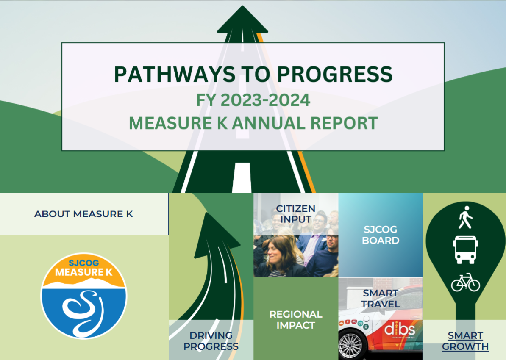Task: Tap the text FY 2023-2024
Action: click(x=253, y=100)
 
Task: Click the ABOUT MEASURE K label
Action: click(x=83, y=214)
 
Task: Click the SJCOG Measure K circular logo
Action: click(x=83, y=296)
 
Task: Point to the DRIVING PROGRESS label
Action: click(x=211, y=341)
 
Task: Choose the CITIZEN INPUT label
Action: click(x=296, y=214)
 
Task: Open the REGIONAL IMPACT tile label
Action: click(x=296, y=320)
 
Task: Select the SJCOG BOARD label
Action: click(x=381, y=235)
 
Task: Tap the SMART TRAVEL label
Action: click(x=381, y=299)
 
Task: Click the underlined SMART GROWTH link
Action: click(x=465, y=341)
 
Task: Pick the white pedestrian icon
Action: click(x=465, y=217)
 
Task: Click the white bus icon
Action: click(x=465, y=250)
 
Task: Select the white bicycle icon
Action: click(x=465, y=282)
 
